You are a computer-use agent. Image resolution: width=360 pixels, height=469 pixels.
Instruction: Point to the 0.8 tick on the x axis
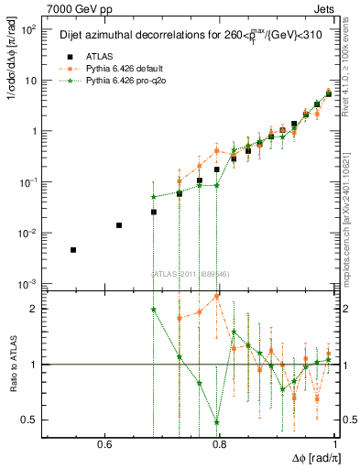pyautogui.click(x=219, y=445)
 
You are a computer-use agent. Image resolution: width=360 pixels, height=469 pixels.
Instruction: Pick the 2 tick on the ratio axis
pyautogui.click(x=35, y=309)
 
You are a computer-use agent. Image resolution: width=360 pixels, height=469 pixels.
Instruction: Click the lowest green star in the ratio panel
pyautogui.click(x=217, y=422)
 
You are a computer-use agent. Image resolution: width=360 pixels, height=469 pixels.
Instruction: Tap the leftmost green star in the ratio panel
pyautogui.click(x=154, y=310)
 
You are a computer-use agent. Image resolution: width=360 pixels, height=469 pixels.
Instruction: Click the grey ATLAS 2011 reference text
pyautogui.click(x=190, y=273)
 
